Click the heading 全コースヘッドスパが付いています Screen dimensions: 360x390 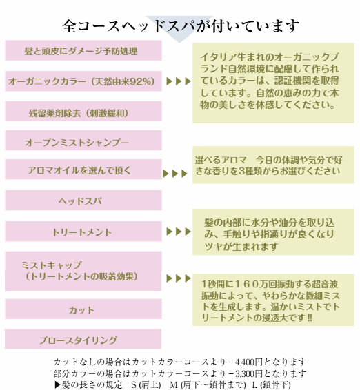coord(180,26)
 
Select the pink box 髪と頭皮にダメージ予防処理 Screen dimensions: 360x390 coord(83,50)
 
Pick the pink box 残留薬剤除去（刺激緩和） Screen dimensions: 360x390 coord(83,111)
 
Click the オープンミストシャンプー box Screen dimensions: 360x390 coord(83,141)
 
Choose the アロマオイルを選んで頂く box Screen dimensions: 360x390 coord(83,170)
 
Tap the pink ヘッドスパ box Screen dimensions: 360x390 coord(83,201)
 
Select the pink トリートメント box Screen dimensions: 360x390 coord(83,232)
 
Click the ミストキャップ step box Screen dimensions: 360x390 coord(83,271)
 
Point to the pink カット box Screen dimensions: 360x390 coord(83,309)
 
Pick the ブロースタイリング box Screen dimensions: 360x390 coord(83,339)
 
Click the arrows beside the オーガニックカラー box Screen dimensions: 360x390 coord(179,81)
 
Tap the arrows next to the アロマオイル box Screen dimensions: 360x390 coord(175,174)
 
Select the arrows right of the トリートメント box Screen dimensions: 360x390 coord(179,232)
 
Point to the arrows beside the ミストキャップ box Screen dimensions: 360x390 coord(179,278)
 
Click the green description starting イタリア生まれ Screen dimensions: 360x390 coord(273,83)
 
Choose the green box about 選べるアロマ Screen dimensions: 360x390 coord(273,165)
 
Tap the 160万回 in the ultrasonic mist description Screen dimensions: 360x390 coord(248,285)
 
